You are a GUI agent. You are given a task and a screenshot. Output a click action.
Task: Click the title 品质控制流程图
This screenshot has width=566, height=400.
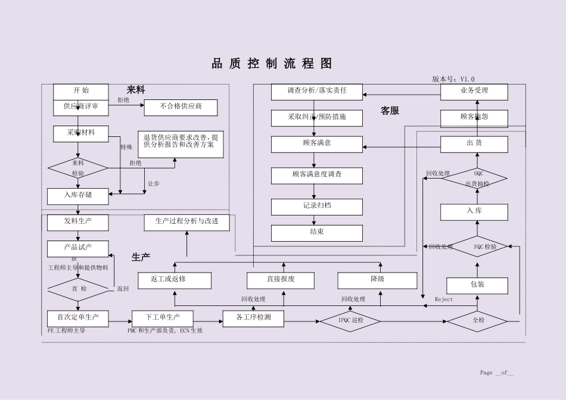[x=272, y=64]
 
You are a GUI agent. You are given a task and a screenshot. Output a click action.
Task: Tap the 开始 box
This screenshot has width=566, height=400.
[x=81, y=91]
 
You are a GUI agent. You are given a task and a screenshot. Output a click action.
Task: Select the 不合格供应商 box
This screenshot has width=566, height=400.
[x=181, y=108]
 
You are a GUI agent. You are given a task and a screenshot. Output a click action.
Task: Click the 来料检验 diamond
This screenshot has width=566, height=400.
[x=78, y=168]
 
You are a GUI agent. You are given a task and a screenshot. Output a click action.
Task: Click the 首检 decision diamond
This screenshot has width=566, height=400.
[x=78, y=289]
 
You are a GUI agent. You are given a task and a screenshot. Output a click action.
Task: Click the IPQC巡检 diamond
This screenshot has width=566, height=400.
[x=350, y=321]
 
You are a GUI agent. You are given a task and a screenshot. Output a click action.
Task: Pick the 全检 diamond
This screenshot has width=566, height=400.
[x=478, y=321]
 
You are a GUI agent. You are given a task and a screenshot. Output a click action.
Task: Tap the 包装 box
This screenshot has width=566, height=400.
[x=477, y=286]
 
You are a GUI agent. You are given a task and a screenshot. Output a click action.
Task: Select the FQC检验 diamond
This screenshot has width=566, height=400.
[x=477, y=246]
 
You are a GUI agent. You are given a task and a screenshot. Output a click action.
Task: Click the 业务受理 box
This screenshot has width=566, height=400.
[x=474, y=92]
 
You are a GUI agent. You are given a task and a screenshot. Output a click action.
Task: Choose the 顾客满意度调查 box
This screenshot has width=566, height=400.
[x=316, y=176]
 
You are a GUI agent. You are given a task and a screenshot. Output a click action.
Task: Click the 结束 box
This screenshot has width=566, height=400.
[x=316, y=233]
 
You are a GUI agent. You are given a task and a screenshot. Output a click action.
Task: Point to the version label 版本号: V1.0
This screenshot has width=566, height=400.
[x=453, y=79]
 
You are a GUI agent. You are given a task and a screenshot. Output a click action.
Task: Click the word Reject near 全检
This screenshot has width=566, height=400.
[x=444, y=299]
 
